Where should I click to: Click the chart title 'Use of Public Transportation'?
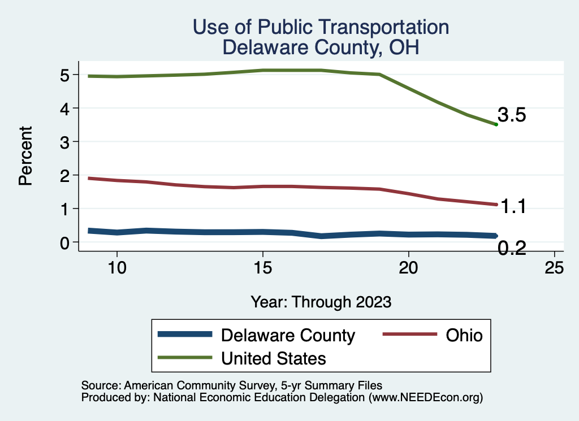pyautogui.click(x=321, y=27)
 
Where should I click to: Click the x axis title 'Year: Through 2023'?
pyautogui.click(x=321, y=302)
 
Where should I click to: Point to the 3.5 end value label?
pyautogui.click(x=512, y=115)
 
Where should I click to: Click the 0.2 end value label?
pyautogui.click(x=512, y=248)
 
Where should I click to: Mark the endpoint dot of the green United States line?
pyautogui.click(x=496, y=124)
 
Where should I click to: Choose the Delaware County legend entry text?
pyautogui.click(x=288, y=335)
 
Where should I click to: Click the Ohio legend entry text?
pyautogui.click(x=464, y=335)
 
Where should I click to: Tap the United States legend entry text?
pyautogui.click(x=274, y=358)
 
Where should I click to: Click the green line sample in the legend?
pyautogui.click(x=185, y=358)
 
